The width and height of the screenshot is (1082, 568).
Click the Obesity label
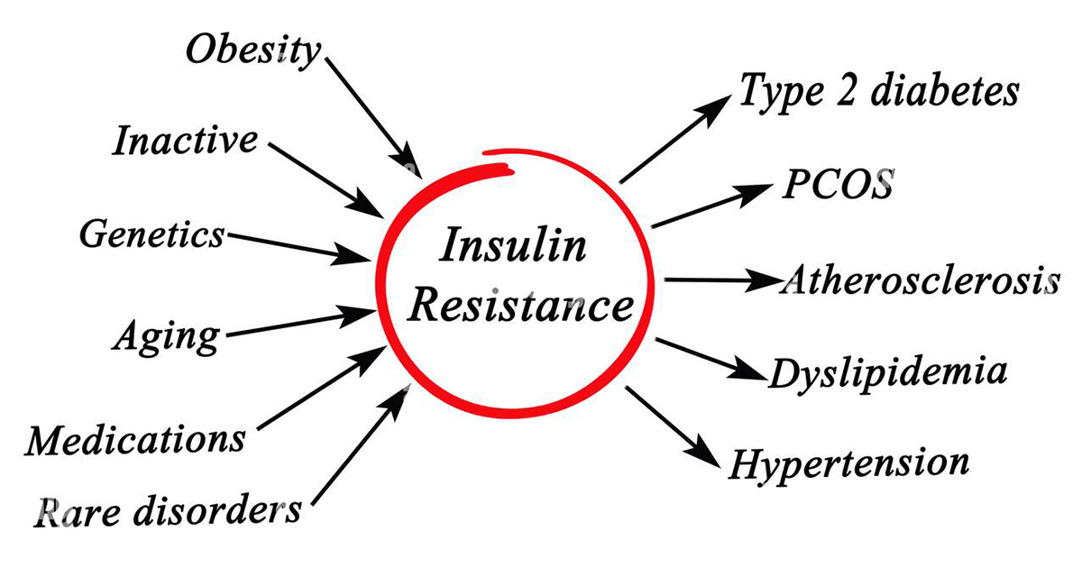[x=253, y=51]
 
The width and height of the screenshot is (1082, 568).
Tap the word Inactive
[x=185, y=140]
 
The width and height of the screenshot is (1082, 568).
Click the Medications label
[x=136, y=440]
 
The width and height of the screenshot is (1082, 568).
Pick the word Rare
[x=78, y=512]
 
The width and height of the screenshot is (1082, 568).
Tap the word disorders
[x=217, y=509]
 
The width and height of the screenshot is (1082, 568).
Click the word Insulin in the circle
[x=513, y=245]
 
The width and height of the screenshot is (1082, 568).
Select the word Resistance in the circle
[x=521, y=305]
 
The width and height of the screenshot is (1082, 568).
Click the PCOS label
[x=838, y=184]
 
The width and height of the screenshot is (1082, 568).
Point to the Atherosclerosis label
[x=920, y=280]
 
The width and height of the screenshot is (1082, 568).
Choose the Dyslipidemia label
[x=888, y=374]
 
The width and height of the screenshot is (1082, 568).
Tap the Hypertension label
[x=848, y=464]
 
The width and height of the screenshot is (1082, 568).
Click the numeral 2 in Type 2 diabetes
[x=847, y=91]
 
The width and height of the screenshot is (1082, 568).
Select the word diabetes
[x=945, y=90]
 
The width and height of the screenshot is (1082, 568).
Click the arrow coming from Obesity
[x=373, y=118]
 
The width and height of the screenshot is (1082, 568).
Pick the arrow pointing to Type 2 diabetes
[x=675, y=139]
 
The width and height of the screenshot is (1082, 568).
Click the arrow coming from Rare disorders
[x=361, y=445]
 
